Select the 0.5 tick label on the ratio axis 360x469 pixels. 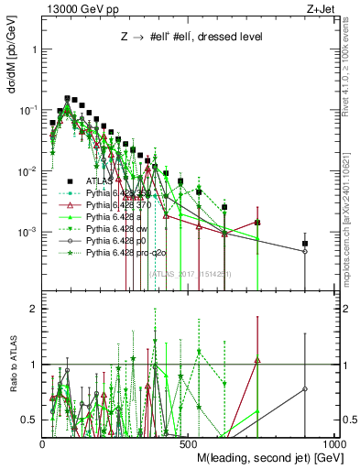tap(29, 420)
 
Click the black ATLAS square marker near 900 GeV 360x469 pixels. tap(305, 244)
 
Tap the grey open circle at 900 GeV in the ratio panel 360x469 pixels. tap(305, 388)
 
